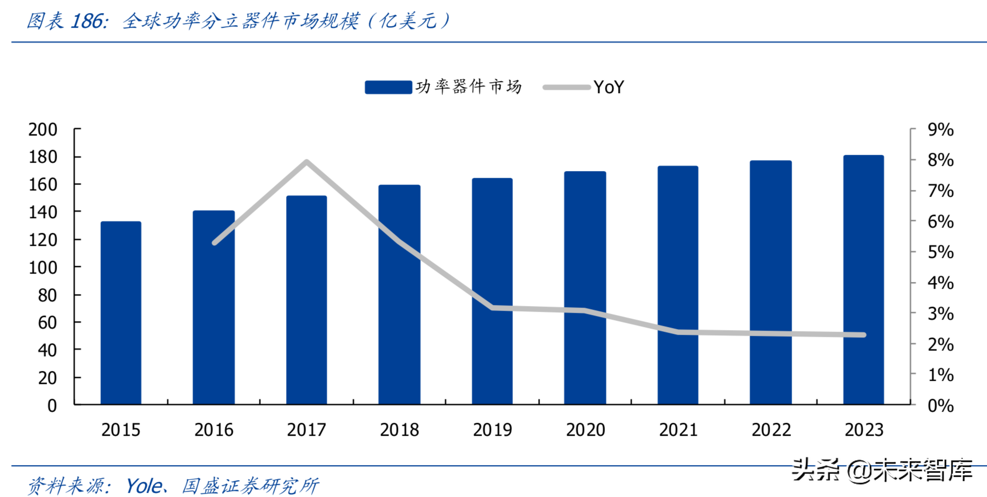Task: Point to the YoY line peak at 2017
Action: coord(307,162)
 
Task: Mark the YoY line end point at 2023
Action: coord(864,335)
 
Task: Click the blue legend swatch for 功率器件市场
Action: coord(388,87)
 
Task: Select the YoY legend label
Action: coord(609,87)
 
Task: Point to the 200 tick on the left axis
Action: coord(43,129)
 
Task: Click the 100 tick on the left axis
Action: coord(43,267)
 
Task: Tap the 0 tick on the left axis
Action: coord(52,405)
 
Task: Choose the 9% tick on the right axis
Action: coord(940,129)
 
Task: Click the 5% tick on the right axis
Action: coord(940,252)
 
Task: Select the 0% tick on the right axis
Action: coord(940,405)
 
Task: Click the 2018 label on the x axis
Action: coord(399,430)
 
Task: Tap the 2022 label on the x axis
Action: coord(771,430)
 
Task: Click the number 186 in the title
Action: coord(87,21)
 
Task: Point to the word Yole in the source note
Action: coord(144,486)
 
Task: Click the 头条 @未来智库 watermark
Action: coord(882,470)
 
